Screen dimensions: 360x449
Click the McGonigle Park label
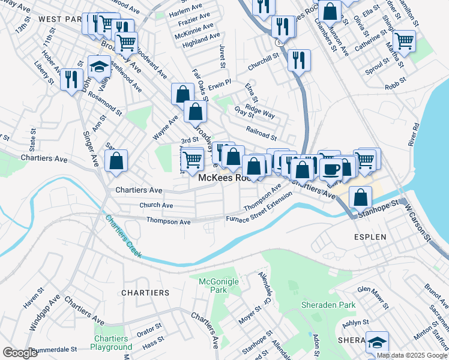point(214,286)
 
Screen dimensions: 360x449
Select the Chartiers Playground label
point(112,343)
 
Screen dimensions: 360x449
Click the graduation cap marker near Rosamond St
point(99,66)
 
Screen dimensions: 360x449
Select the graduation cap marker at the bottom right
point(377,342)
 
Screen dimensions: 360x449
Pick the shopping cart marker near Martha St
point(404,41)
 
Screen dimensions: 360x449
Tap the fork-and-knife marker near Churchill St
point(298,59)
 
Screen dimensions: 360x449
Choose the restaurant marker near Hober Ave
point(71,79)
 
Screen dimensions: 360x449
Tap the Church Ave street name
point(156,205)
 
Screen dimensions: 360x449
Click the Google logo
point(20,353)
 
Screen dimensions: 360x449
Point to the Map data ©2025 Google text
point(411,355)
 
